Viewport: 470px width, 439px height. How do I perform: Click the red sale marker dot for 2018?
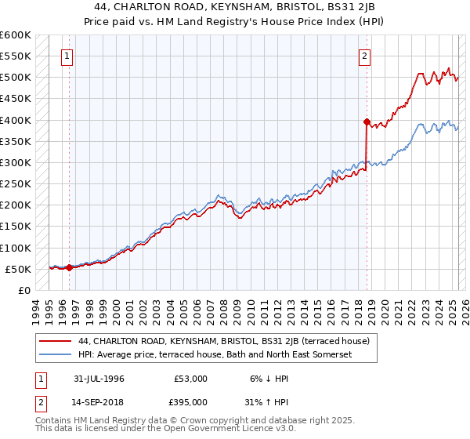(366, 122)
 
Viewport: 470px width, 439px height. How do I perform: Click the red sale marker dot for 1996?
(69, 267)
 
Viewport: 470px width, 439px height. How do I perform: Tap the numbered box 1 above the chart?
(68, 56)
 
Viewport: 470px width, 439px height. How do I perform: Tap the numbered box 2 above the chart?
(365, 56)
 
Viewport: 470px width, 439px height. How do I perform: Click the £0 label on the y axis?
(24, 290)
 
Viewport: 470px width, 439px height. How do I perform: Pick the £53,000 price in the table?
(191, 379)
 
